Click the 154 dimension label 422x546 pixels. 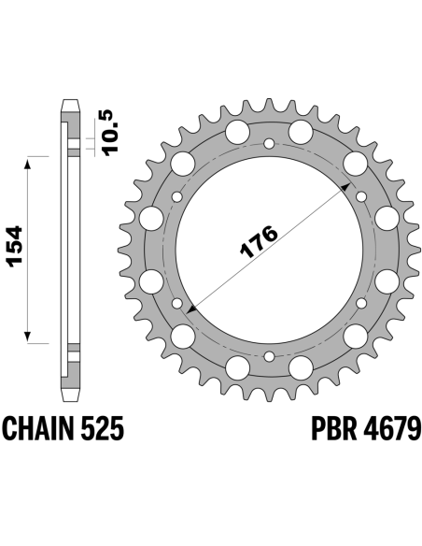tap(15, 247)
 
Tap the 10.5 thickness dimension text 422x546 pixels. tap(111, 133)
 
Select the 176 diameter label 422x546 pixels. tap(259, 241)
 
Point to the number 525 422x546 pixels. tap(102, 428)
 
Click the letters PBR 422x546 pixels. tap(333, 428)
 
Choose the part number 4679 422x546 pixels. tap(392, 428)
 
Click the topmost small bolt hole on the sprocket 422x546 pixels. tap(269, 143)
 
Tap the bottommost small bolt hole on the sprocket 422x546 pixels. tap(269, 356)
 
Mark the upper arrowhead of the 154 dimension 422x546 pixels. tap(28, 163)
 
